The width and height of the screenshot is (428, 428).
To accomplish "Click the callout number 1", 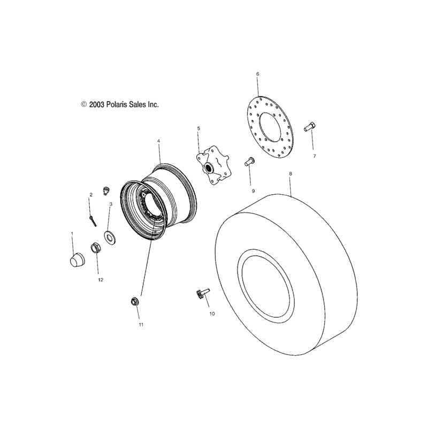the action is pos(72,234).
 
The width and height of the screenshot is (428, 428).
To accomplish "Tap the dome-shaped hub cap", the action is pos(77,259).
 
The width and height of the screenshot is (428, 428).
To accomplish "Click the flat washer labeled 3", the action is pos(110,238).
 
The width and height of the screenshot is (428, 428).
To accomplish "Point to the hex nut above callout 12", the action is pos(95,248).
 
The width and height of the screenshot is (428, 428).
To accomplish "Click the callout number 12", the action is pos(101,280).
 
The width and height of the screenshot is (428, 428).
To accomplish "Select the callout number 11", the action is pos(141,325).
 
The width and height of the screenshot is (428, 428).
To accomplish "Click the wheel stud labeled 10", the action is pos(202,294).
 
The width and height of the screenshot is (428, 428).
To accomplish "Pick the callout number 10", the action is pos(212,314).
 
